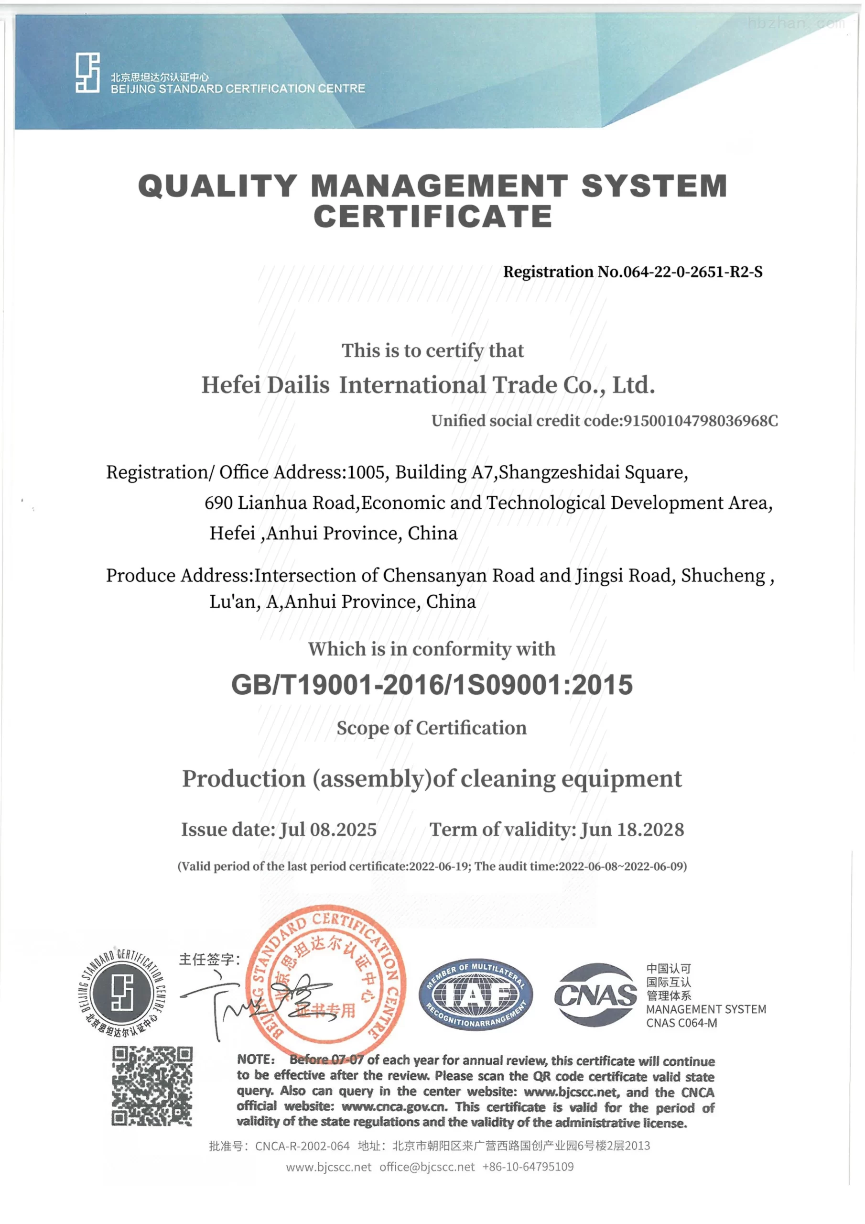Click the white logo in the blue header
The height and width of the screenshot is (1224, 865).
[x=87, y=73]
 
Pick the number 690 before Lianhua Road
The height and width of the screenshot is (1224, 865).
[x=218, y=503]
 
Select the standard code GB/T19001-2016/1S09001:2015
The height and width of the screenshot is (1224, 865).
[x=432, y=685]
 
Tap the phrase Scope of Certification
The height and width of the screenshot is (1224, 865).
[x=432, y=728]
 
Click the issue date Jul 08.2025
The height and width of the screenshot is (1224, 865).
[x=328, y=830]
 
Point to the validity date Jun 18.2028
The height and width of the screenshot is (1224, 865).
[x=632, y=830]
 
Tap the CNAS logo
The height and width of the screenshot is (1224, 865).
[x=595, y=995]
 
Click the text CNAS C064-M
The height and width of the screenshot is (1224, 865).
[x=681, y=1023]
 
